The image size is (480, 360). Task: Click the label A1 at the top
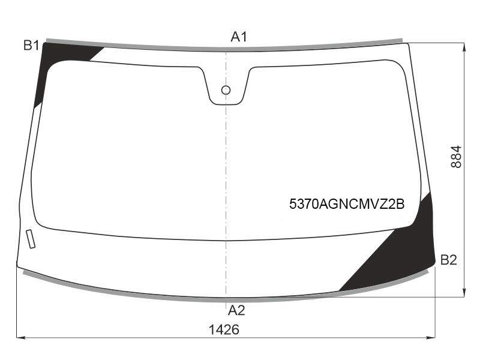238,37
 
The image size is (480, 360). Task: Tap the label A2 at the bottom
236,310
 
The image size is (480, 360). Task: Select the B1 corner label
31,46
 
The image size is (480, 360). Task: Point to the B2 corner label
448,260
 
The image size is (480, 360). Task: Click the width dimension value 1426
224,329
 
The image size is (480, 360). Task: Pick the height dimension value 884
456,157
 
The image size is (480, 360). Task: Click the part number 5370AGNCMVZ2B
347,204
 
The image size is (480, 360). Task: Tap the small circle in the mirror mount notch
226,90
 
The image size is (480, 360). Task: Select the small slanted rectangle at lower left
31,239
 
